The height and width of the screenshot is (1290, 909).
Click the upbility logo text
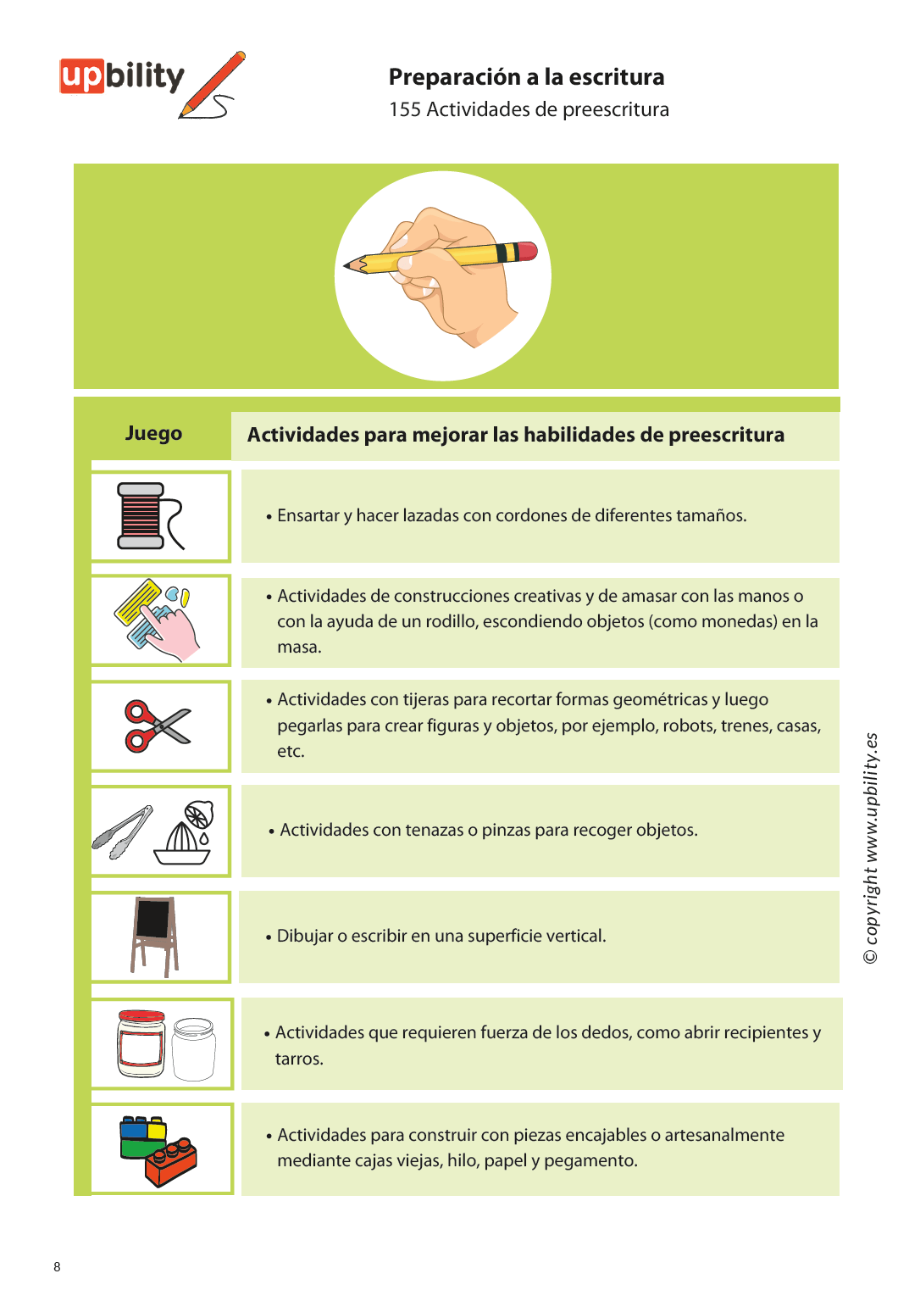click(122, 76)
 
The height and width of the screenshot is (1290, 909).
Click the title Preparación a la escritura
click(526, 77)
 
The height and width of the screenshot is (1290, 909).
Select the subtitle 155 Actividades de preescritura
click(529, 110)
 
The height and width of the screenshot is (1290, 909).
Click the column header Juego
click(153, 433)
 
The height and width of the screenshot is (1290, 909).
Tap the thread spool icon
click(141, 515)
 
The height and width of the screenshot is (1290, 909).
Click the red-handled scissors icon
click(156, 726)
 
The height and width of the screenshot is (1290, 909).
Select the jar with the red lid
click(141, 1043)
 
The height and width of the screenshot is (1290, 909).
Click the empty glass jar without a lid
click(194, 1048)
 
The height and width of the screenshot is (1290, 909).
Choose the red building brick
click(170, 1162)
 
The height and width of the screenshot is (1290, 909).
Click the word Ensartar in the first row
click(308, 515)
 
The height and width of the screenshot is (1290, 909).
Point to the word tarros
click(298, 1059)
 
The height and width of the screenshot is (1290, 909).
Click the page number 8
click(57, 1266)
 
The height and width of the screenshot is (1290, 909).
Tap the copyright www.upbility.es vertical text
click(871, 848)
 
